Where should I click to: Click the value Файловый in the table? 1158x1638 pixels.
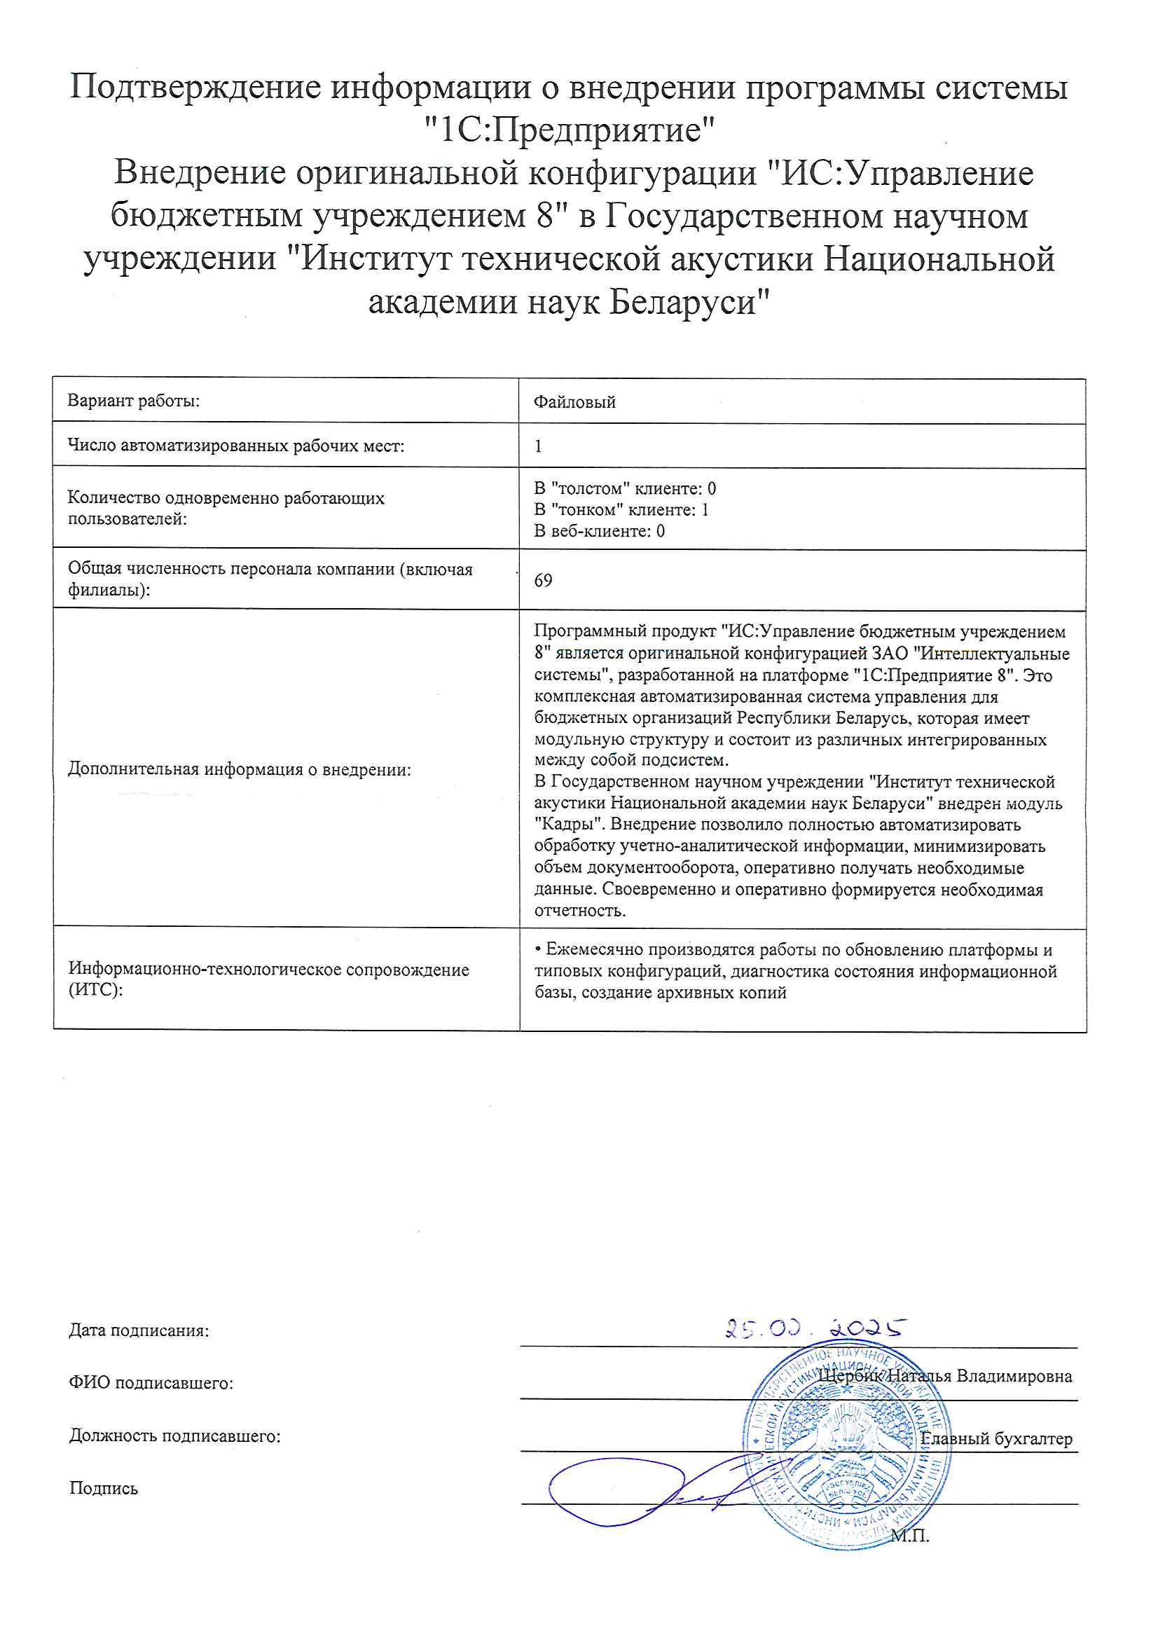coord(574,401)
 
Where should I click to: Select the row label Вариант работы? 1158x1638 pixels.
coord(133,400)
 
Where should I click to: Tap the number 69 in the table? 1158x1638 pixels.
coord(543,580)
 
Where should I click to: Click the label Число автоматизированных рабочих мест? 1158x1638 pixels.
coord(235,446)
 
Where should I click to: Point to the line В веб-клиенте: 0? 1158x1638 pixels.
coord(600,531)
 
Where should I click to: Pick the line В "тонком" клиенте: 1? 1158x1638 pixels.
coord(621,509)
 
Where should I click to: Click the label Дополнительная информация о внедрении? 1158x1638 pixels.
coord(239,769)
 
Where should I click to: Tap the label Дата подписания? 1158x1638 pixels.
coord(139,1330)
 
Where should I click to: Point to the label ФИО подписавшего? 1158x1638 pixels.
coord(151,1383)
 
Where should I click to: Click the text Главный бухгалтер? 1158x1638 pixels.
coord(996,1438)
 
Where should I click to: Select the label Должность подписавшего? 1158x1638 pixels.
coord(175,1436)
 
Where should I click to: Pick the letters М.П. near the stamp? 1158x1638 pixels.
coord(911,1536)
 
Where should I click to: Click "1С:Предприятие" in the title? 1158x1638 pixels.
coord(569,130)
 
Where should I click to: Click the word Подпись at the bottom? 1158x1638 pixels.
coord(104,1488)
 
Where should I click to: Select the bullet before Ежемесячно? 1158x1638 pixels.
coord(538,949)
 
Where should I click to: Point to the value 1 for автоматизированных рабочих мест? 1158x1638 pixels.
coord(538,446)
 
